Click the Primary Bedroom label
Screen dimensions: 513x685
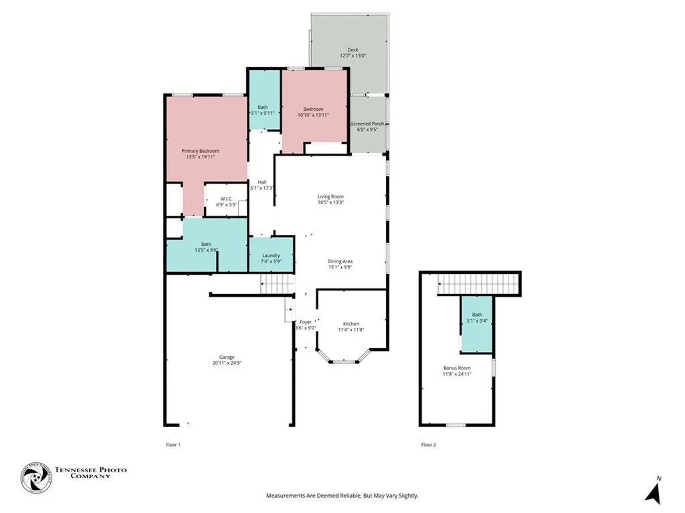click(200, 151)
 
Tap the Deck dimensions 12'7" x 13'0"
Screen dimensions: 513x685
click(353, 56)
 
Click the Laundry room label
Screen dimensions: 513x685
click(271, 255)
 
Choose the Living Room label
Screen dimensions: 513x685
click(330, 196)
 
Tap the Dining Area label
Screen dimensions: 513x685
click(340, 261)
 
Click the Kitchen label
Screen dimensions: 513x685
click(351, 323)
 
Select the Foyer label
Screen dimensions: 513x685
click(305, 322)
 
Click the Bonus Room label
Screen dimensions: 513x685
click(457, 368)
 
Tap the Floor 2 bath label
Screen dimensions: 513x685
click(477, 315)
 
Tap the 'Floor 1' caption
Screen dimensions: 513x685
click(173, 444)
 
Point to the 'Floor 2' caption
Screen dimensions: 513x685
click(429, 444)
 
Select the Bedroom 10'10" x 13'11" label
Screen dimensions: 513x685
click(313, 110)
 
